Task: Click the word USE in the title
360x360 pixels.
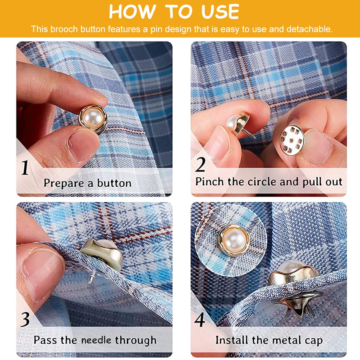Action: click(220, 12)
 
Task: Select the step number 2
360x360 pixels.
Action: click(200, 164)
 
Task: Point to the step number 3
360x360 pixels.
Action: click(25, 320)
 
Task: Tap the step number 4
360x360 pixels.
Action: click(199, 320)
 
